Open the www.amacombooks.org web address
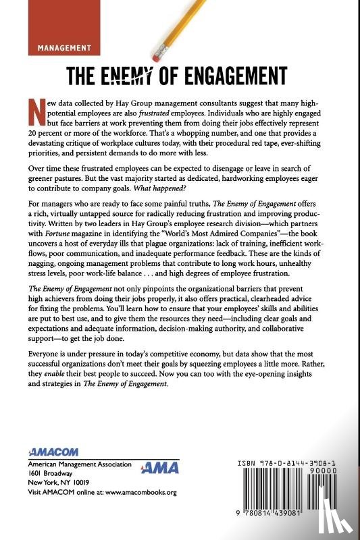tap(139, 492)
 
